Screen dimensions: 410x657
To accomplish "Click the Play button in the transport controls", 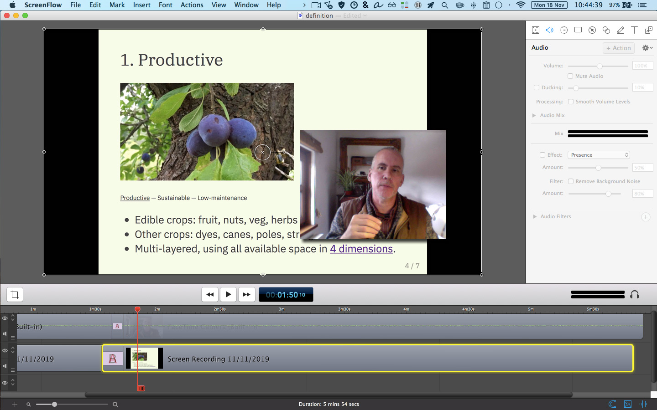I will (228, 294).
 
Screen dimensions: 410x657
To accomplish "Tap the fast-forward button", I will (246, 294).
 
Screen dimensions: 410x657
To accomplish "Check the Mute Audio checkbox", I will (570, 76).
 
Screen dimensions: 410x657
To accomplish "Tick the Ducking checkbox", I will (537, 87).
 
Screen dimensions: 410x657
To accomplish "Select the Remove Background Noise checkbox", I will (571, 181).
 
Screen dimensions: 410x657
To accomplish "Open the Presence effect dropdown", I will (599, 155).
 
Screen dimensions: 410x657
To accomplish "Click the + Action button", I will (618, 48).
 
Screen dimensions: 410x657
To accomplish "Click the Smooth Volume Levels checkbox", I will (571, 102).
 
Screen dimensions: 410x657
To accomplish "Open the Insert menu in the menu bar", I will (141, 5).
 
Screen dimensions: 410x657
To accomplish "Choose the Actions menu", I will (192, 5).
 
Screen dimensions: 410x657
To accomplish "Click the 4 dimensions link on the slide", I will (361, 249).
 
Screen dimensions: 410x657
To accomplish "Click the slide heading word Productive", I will (180, 60).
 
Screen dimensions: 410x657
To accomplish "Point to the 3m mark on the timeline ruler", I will (282, 309).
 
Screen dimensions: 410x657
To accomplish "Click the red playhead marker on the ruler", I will (137, 309).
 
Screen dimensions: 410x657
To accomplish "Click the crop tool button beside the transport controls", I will (15, 294).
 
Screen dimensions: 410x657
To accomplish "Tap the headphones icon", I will (635, 295).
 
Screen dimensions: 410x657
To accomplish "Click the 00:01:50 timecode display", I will (286, 295).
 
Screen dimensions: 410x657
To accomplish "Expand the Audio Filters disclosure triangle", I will (535, 216).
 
